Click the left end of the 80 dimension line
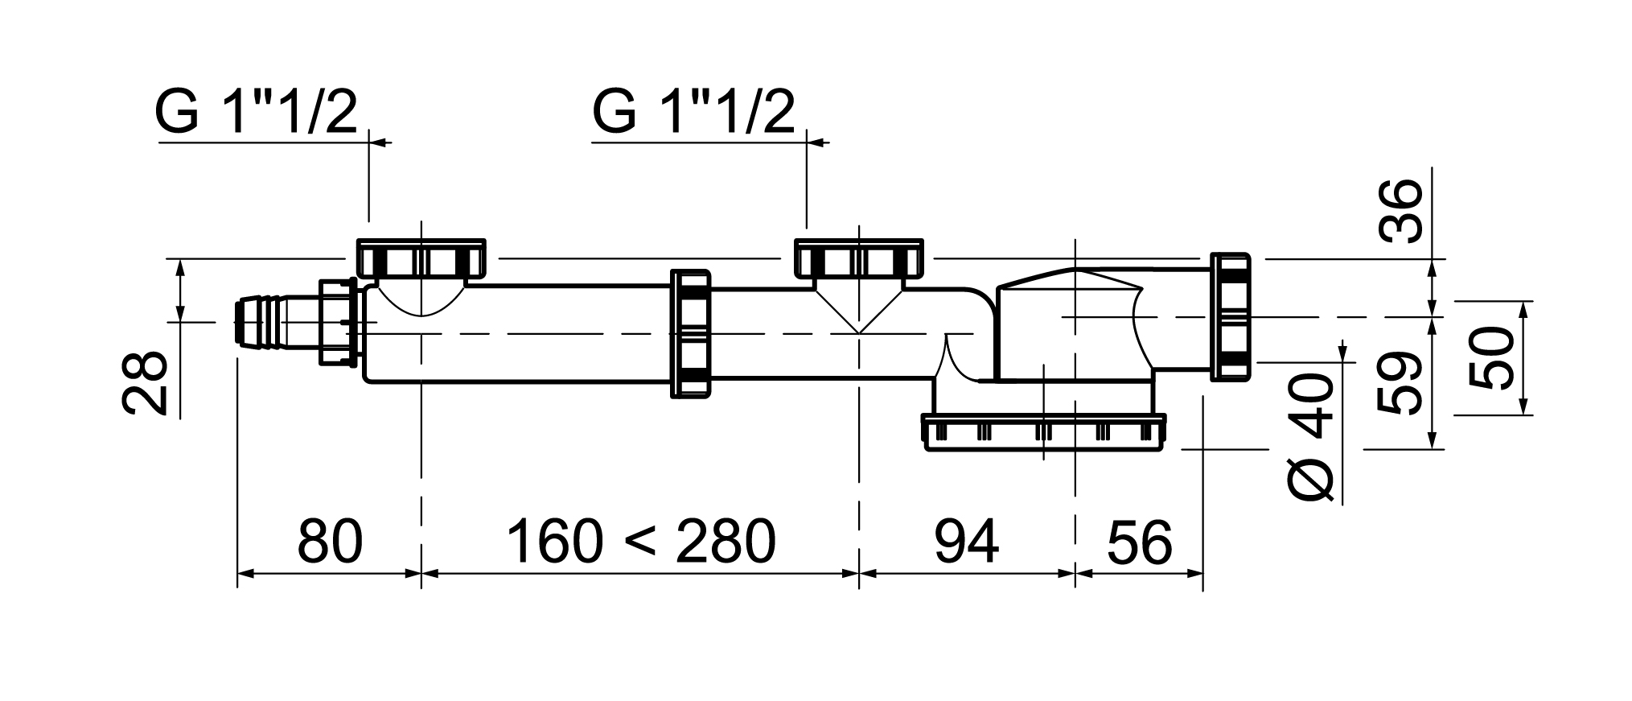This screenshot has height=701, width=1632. [x=238, y=574]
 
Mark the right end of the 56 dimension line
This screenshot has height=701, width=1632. [x=1202, y=574]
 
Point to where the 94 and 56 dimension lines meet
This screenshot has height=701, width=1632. [x=1076, y=574]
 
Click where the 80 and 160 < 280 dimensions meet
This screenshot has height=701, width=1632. [x=421, y=574]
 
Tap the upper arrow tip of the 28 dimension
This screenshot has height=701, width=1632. [x=180, y=259]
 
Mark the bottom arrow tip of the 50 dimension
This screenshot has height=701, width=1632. [x=1523, y=414]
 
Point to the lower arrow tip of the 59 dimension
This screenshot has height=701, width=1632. [x=1433, y=448]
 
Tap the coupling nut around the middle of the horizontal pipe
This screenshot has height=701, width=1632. [x=691, y=333]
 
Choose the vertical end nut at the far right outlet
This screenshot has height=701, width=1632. [x=1231, y=315]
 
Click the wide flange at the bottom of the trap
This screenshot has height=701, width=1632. [x=1044, y=432]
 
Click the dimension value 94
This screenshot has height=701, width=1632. [x=966, y=542]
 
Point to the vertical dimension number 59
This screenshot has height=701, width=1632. [x=1400, y=383]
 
